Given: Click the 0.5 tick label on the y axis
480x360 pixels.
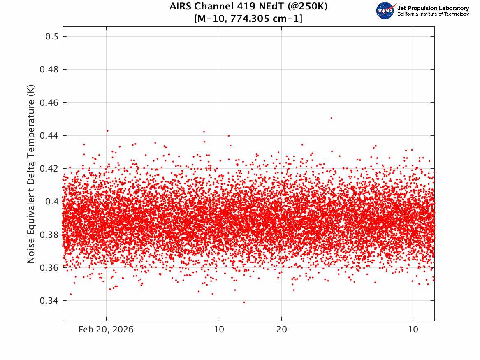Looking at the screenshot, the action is tap(52, 37).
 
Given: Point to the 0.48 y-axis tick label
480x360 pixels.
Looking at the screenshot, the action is tap(49, 70).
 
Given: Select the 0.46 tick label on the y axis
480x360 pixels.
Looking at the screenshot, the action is tap(49, 102).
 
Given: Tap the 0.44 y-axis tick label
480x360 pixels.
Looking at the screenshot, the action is tap(49, 136).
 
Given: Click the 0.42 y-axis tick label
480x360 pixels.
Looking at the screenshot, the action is tap(49, 169).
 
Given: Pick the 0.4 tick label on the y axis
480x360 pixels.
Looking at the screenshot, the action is tap(52, 202).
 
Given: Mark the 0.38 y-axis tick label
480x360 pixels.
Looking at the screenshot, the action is tap(49, 235).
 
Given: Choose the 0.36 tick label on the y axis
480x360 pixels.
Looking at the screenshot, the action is tap(49, 268).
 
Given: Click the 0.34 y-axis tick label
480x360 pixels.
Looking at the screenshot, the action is tap(49, 301).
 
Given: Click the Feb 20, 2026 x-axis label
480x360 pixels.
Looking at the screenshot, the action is tap(106, 330).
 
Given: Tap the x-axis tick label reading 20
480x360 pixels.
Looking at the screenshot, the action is tap(282, 330).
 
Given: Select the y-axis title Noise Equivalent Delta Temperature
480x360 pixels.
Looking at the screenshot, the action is tap(31, 174).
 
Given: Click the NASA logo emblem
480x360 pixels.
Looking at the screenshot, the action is tap(385, 11).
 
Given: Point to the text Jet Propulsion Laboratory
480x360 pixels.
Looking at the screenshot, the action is tap(433, 8).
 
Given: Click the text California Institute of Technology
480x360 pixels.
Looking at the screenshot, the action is tap(433, 14).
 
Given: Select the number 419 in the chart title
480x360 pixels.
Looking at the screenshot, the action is tap(246, 6).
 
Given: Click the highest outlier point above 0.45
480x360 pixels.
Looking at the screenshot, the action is tap(331, 118).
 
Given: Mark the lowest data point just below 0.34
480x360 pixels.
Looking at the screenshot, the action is tap(244, 302).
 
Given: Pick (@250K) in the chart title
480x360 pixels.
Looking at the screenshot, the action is tap(308, 6).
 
